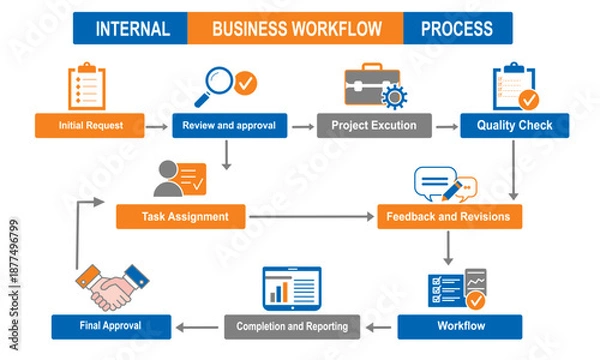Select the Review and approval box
tap(229, 126)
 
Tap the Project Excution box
tap(374, 126)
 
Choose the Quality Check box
tap(514, 126)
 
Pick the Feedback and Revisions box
tap(449, 216)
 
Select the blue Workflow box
tap(460, 326)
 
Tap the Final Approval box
tap(110, 326)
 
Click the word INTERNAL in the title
tap(130, 28)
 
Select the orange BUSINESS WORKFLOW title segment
tap(295, 28)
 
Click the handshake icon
tap(110, 288)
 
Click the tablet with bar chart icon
tap(291, 288)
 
